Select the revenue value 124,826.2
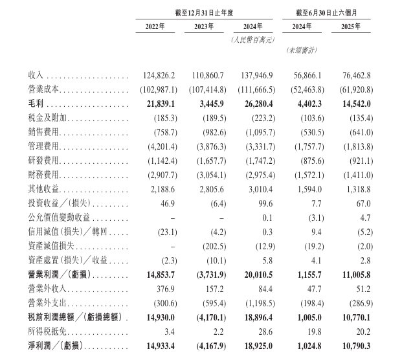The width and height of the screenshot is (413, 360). [155, 75]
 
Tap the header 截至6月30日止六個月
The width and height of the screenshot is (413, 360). [329, 12]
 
